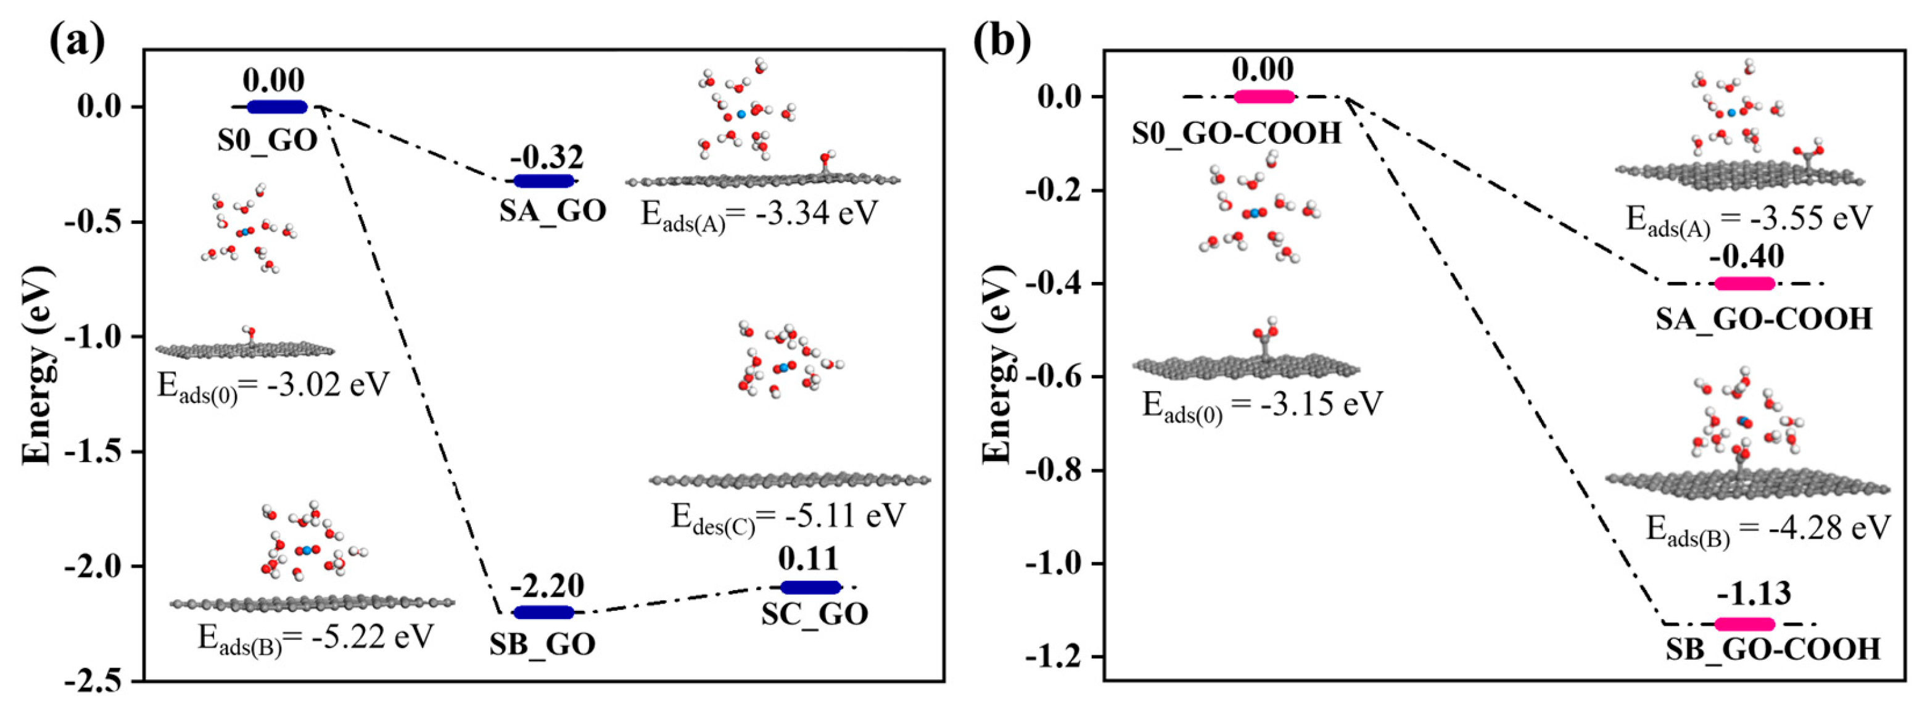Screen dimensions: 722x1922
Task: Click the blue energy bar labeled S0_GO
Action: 277,107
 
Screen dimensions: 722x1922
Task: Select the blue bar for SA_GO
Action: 545,181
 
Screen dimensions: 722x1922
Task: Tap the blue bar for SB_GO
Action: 545,612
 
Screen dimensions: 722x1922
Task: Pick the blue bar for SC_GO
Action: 810,587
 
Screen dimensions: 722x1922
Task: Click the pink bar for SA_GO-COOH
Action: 1744,284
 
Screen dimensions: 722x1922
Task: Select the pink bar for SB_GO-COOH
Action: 1744,624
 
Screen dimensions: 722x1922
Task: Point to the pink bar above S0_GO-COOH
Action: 1264,96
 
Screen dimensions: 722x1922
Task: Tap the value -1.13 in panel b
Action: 1754,594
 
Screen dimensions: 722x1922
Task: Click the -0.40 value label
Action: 1747,257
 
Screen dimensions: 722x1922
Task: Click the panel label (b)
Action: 1003,42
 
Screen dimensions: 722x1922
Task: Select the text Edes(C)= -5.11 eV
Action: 788,517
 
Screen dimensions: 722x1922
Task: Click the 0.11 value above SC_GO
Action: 808,558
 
